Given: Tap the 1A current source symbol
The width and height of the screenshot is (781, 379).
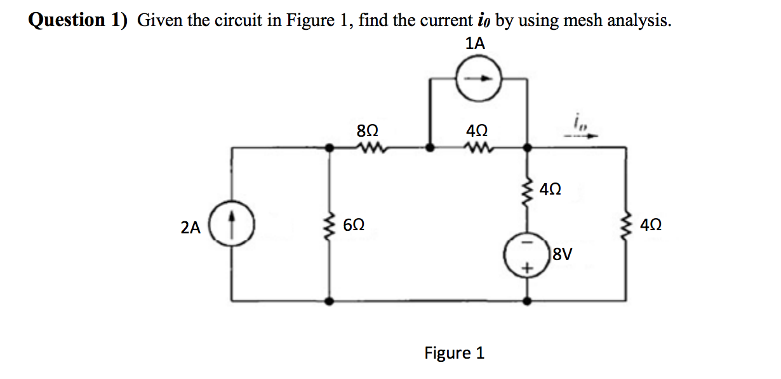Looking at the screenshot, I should (x=480, y=79).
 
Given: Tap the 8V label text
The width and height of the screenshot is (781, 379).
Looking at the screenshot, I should (x=563, y=256).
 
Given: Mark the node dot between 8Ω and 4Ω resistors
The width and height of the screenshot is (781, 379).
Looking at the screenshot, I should (x=431, y=148).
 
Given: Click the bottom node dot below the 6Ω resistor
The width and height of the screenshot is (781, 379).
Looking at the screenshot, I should (x=329, y=301).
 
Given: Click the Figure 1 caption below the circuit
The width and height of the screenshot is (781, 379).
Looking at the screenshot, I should (x=454, y=352).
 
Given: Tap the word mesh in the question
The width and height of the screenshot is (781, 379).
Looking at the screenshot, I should (x=580, y=20).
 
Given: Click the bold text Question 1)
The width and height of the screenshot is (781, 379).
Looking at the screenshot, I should (x=78, y=20).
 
